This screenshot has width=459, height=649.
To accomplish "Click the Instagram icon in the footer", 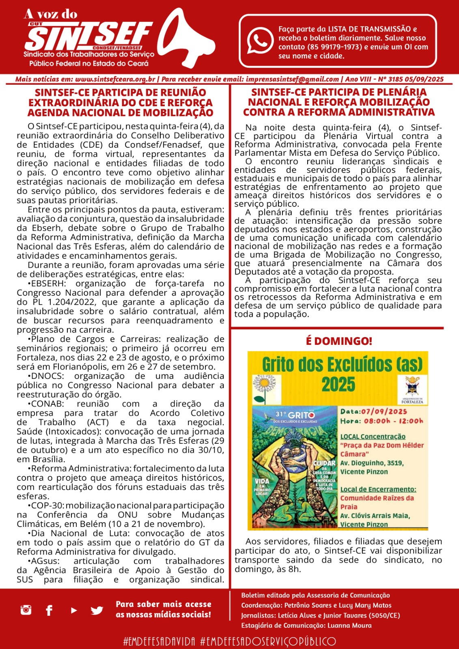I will click(x=26, y=610).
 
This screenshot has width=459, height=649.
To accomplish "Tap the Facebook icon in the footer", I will click(x=49, y=610).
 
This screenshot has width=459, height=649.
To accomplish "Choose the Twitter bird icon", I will click(x=97, y=610).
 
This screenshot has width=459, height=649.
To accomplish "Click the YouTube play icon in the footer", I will click(x=73, y=610).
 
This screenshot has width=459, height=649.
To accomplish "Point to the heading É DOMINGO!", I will click(x=339, y=341).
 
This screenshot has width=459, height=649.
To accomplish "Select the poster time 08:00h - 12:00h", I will click(x=393, y=421).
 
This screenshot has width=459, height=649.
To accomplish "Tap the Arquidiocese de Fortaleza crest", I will click(x=412, y=388).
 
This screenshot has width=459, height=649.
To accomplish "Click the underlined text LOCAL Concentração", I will click(x=373, y=436).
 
